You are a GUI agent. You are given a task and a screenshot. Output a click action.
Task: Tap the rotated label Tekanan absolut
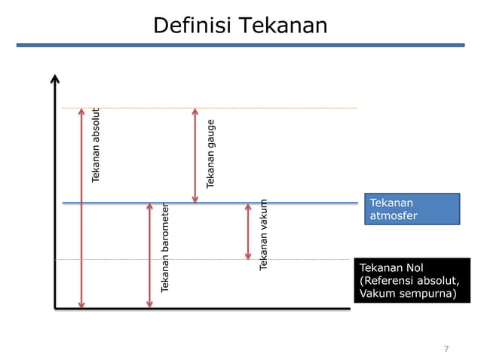click(x=96, y=146)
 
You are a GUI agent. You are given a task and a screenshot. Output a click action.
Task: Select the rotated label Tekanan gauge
click(x=211, y=153)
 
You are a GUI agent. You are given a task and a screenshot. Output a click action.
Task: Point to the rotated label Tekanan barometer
click(x=164, y=247)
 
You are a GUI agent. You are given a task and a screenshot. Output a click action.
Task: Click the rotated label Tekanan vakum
click(x=263, y=234)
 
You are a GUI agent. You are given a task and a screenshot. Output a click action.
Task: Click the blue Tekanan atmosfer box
click(x=413, y=209)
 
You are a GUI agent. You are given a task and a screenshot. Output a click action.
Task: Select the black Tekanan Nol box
click(x=412, y=280)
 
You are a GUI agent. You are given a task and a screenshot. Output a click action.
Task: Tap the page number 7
click(x=446, y=349)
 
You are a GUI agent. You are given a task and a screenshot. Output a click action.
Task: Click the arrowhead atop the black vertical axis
click(x=55, y=78)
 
